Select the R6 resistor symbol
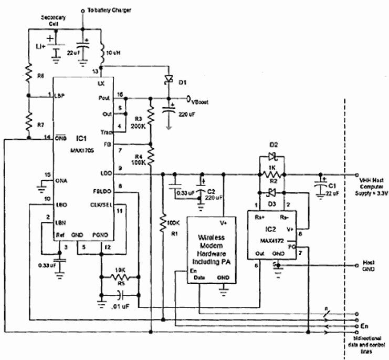[28, 74]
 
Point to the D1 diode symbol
[168, 80]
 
